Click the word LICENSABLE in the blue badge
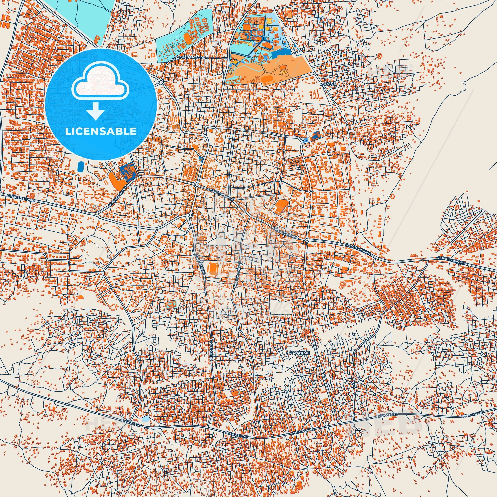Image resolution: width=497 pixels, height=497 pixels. point(101,131)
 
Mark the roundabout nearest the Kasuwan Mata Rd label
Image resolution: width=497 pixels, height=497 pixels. point(161,82)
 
